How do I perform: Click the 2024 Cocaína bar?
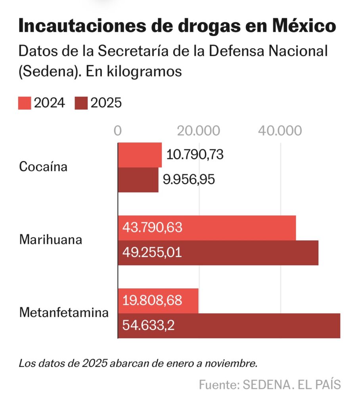(x=140, y=155)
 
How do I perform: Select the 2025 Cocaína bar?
(x=138, y=180)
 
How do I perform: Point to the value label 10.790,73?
(x=195, y=155)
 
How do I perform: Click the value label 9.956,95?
(x=189, y=180)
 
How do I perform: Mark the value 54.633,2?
(x=149, y=326)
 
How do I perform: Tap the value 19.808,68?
(x=152, y=301)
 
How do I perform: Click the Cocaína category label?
(x=43, y=167)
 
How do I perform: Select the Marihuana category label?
(x=51, y=239)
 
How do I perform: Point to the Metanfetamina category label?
(x=64, y=312)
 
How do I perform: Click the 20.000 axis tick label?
(x=198, y=131)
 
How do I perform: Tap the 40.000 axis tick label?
(x=280, y=131)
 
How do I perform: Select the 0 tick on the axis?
(x=118, y=131)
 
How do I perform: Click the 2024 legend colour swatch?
(x=25, y=103)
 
